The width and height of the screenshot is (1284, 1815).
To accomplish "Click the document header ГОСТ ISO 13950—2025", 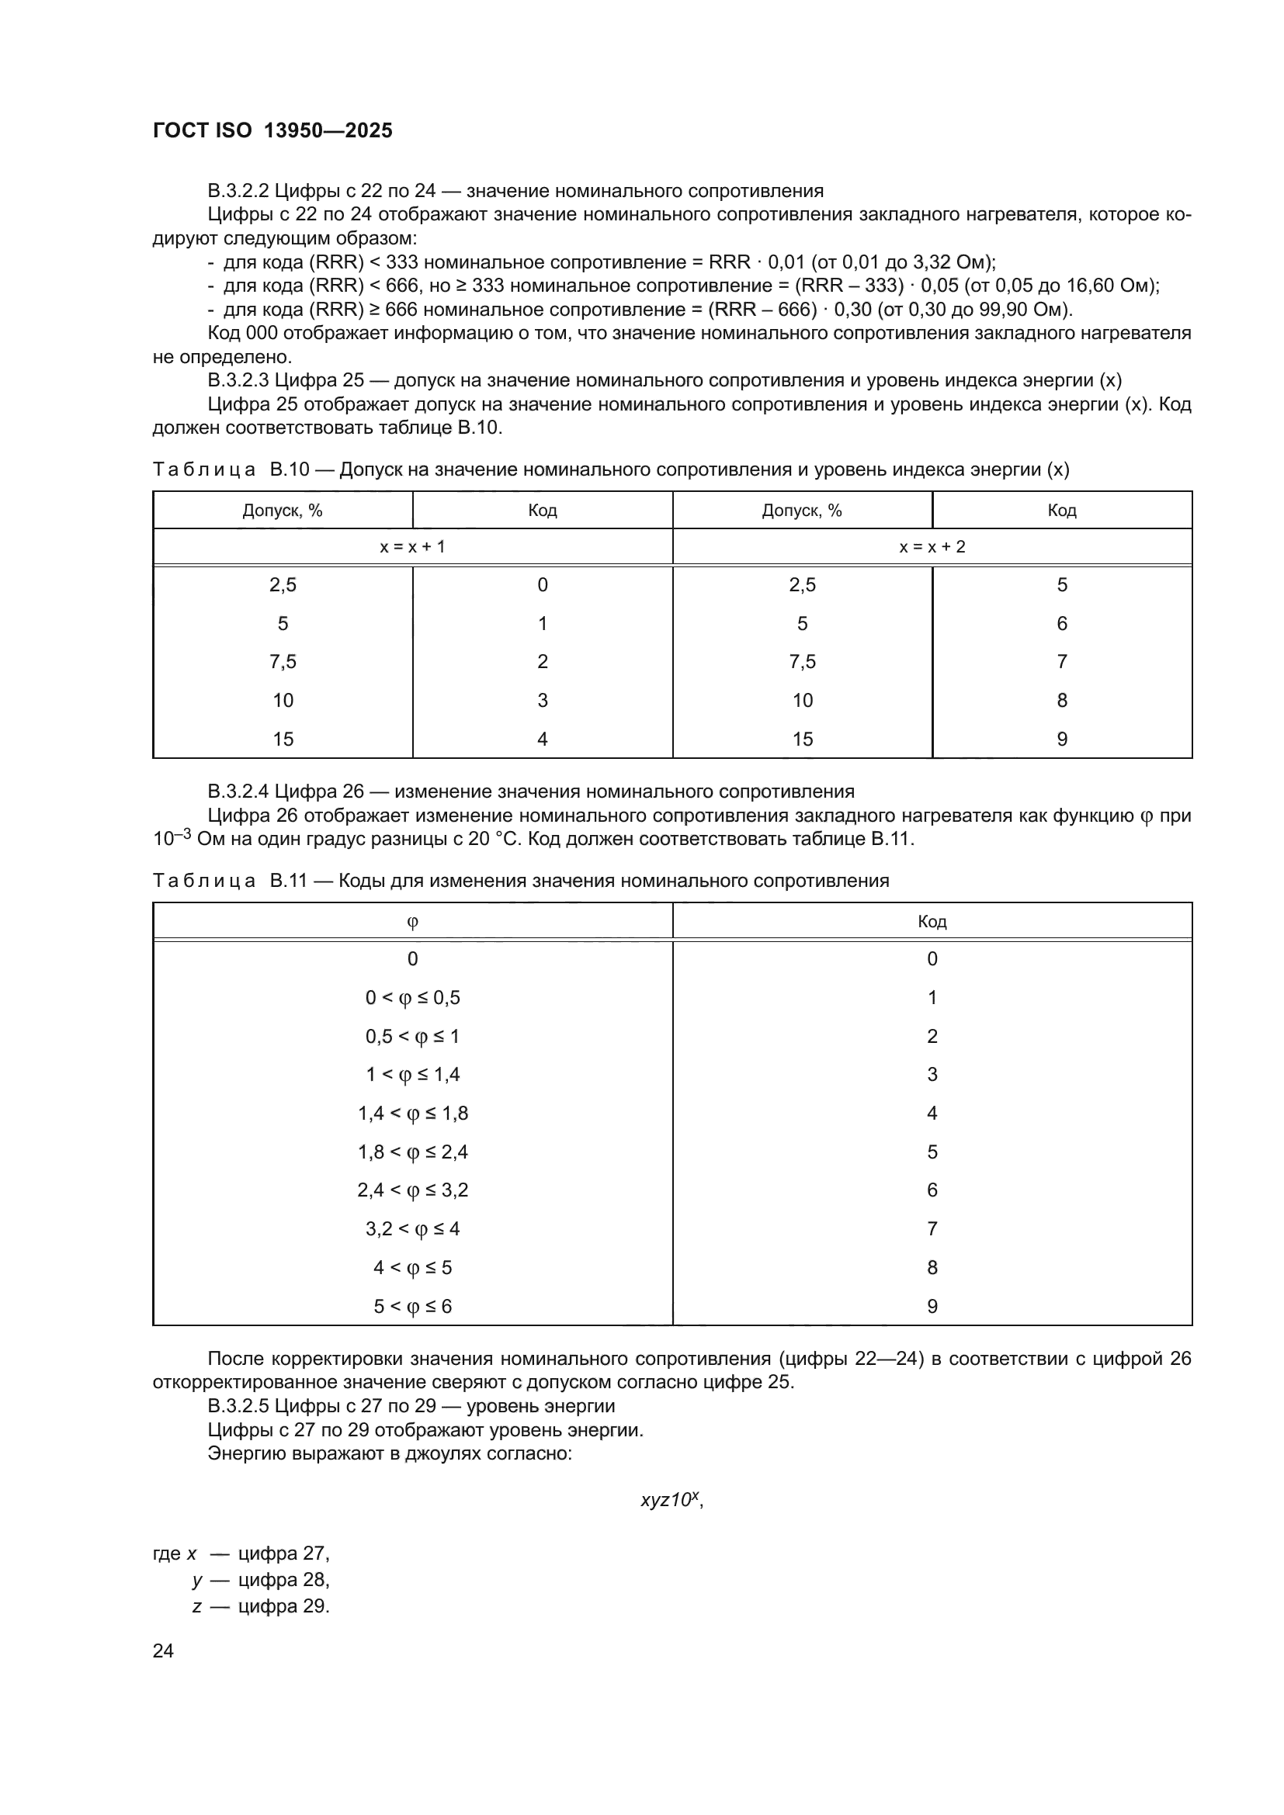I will coord(272,130).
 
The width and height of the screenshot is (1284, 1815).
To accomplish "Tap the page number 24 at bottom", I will coord(163,1650).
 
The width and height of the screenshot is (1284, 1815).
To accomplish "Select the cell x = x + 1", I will coord(412,546).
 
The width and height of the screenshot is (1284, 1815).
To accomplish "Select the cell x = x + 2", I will coord(932,546).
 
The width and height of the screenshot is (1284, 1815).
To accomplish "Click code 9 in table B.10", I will coord(1062,740).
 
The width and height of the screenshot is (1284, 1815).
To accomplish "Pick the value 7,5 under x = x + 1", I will coord(283,662).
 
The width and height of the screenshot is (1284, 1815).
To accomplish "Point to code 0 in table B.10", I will coord(543,585).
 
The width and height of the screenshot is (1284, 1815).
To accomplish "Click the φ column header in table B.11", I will coord(412,922).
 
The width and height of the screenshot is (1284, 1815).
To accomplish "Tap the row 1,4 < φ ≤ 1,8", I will coord(412,1114).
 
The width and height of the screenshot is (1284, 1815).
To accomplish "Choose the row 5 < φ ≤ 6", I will coord(412,1307).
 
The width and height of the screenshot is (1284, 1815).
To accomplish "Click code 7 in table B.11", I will coord(932,1229).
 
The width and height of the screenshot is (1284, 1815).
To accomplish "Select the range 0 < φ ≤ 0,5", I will coord(412,999).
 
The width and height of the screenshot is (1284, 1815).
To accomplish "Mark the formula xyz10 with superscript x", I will coord(671,1500).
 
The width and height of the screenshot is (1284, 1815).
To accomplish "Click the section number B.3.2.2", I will coord(238,192).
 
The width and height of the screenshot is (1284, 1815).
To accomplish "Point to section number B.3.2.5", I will coord(238,1406).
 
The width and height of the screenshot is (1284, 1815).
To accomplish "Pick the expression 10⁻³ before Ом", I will coord(172,839).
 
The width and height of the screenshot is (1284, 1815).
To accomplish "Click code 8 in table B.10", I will coord(1062,701).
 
